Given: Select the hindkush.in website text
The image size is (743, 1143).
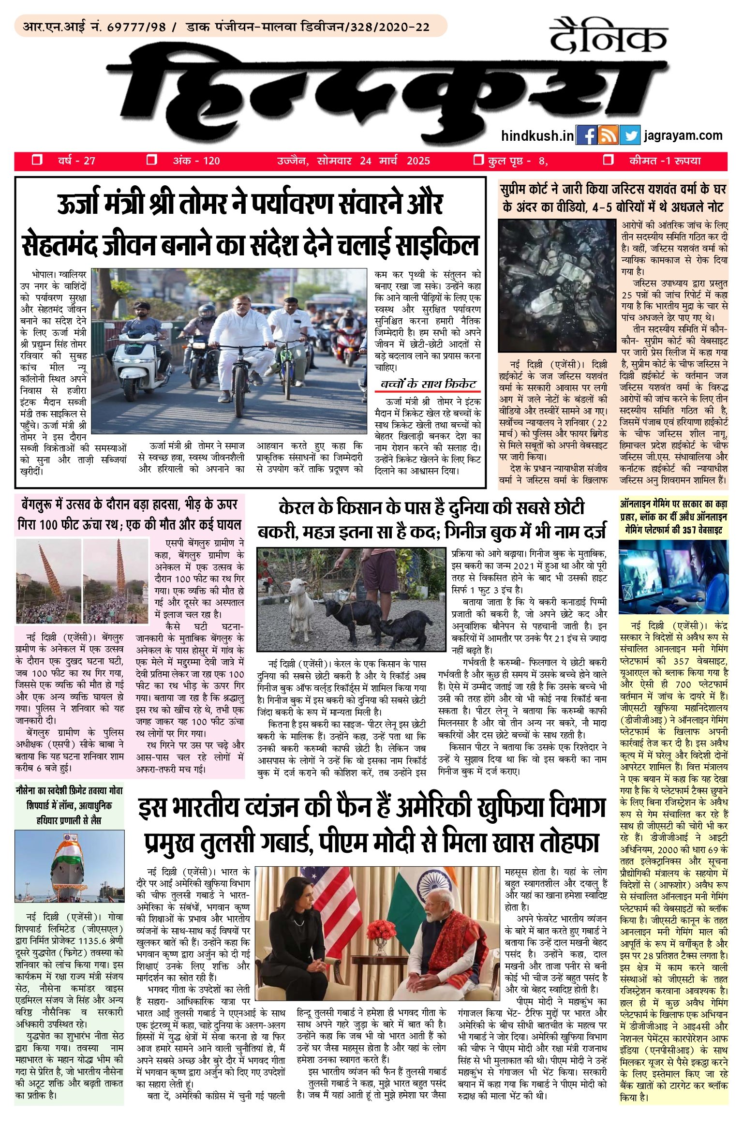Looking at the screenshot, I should [x=537, y=136].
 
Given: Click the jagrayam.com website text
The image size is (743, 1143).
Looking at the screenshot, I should [x=683, y=136].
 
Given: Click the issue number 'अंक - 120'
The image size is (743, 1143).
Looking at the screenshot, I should [x=196, y=161].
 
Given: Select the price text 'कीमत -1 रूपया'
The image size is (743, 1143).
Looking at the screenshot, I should [x=664, y=161].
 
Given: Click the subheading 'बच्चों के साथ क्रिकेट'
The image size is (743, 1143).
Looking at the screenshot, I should [x=428, y=385].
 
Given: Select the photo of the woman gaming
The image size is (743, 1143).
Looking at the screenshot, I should [x=673, y=578].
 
